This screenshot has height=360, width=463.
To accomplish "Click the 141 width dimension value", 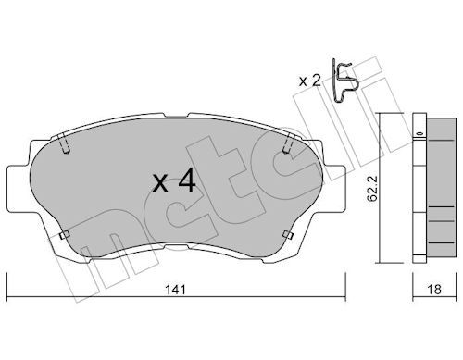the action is point(176,290).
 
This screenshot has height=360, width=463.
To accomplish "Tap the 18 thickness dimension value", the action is point(434,290).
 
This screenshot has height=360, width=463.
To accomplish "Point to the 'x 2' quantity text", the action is point(310,81).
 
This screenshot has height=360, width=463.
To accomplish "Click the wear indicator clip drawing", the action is point(344,81).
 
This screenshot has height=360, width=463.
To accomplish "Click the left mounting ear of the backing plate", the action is point(19,189).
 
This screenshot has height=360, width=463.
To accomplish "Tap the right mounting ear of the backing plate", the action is point(333,189).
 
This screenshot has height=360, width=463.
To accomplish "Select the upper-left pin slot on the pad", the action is point(65,143).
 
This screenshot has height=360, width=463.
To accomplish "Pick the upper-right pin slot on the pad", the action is point(288,143).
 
